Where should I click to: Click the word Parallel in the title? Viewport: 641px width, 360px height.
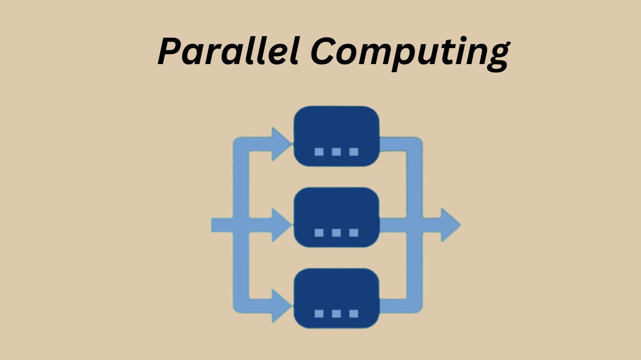pos(229,51)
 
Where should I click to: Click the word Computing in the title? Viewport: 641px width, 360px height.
pos(410,54)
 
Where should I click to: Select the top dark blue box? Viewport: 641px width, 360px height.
pos(337,136)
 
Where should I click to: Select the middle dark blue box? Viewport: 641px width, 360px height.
pos(337,217)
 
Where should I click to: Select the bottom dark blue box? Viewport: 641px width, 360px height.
pos(337,298)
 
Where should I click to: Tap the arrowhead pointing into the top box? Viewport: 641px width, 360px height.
pos(282,144)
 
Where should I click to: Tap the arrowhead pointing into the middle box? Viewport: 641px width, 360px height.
pos(282,225)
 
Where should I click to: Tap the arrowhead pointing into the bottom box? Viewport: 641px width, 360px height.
pos(282,306)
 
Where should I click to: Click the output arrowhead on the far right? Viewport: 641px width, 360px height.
pos(450,225)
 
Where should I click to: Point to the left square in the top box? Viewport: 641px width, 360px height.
pos(319,152)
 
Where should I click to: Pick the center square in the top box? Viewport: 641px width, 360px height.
pos(337,152)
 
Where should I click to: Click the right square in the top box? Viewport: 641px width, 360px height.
pos(354,152)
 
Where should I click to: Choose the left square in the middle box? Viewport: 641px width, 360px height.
pos(319,233)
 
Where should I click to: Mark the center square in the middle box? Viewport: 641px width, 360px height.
pos(337,233)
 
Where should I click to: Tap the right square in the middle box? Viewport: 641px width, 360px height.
pos(354,233)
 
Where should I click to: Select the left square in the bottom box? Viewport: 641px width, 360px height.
pos(319,314)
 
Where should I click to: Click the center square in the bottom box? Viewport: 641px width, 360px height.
pos(337,314)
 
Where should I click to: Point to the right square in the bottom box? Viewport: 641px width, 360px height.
pos(354,314)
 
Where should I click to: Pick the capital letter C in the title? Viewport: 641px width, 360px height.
pos(322,51)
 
